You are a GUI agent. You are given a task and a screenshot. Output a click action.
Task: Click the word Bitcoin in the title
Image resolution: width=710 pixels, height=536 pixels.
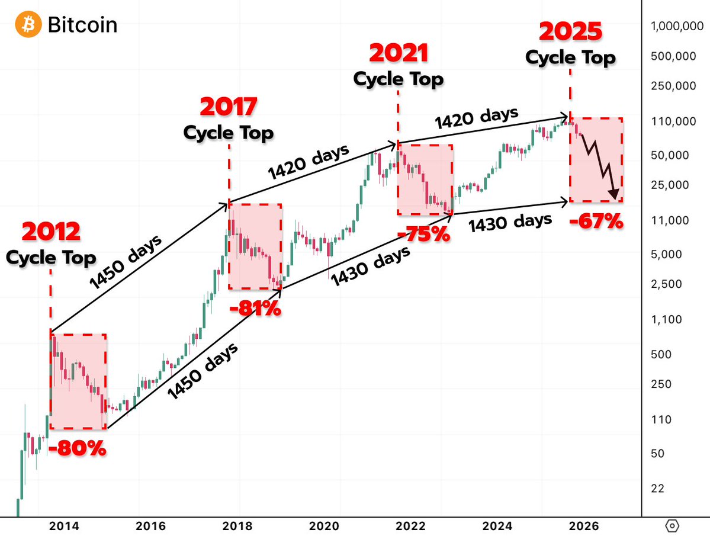(x=82, y=25)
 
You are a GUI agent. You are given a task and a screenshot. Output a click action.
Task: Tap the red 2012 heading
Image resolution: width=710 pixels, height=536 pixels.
(x=51, y=232)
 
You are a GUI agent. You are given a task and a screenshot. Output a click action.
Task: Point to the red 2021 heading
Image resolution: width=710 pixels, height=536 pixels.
(x=399, y=53)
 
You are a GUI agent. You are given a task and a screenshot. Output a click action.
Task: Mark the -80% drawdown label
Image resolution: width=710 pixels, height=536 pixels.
(x=78, y=448)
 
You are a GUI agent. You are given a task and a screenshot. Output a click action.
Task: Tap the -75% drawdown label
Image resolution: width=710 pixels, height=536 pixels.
(x=423, y=234)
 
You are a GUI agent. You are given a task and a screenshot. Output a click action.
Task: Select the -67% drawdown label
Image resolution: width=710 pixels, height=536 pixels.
(x=596, y=223)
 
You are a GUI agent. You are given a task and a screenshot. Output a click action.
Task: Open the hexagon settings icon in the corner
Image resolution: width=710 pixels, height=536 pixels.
(x=673, y=525)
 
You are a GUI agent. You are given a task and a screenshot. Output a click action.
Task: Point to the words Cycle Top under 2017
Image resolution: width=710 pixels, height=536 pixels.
(x=229, y=133)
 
